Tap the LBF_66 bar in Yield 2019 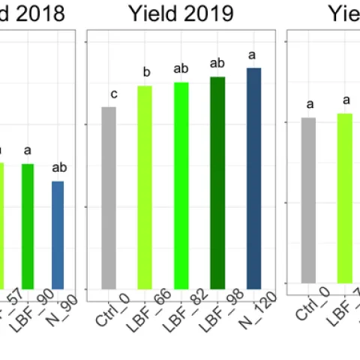point(145,187)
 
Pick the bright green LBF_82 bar point(181,185)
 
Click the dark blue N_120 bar point(253,178)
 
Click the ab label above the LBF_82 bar point(181,69)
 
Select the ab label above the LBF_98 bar point(217,63)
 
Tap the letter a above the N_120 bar point(252,55)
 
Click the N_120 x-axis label point(260,308)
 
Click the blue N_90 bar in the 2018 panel point(58,234)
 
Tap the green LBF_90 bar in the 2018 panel point(28,226)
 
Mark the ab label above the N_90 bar point(60,167)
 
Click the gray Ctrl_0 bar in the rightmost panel point(308,200)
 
